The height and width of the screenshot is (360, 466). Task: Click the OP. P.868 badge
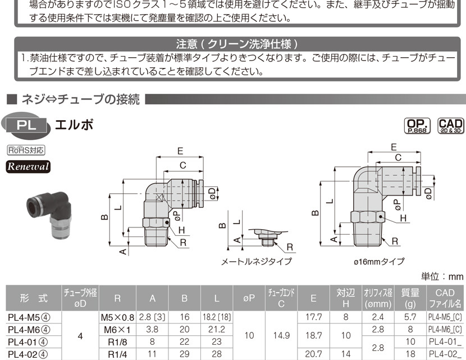tap(417, 126)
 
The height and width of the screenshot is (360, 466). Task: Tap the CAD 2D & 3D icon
tap(451, 126)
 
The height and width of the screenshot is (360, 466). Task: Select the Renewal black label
tap(28, 166)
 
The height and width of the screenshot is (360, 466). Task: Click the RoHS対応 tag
tap(26, 150)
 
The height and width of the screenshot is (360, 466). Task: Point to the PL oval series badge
tap(26, 125)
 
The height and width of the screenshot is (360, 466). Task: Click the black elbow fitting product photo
tap(49, 215)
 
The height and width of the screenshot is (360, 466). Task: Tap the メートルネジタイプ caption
tap(257, 262)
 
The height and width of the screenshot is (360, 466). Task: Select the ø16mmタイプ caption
tap(379, 262)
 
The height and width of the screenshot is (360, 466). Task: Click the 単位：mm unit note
tap(442, 277)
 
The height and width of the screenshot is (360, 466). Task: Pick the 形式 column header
tap(34, 298)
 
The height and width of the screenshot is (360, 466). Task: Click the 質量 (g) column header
tap(410, 298)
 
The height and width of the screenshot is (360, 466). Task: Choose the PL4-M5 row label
tap(29, 317)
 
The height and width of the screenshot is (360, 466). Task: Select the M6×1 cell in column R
tap(117, 330)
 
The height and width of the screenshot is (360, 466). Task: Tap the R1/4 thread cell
tap(117, 354)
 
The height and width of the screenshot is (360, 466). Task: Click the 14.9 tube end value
tap(281, 336)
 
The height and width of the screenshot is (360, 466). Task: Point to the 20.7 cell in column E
tap(313, 354)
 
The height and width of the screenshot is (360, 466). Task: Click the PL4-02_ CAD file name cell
tap(445, 354)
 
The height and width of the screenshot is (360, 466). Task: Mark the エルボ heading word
tap(74, 125)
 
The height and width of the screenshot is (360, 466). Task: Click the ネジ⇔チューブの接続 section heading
tap(80, 99)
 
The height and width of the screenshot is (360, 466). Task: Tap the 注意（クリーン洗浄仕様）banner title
tap(237, 44)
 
